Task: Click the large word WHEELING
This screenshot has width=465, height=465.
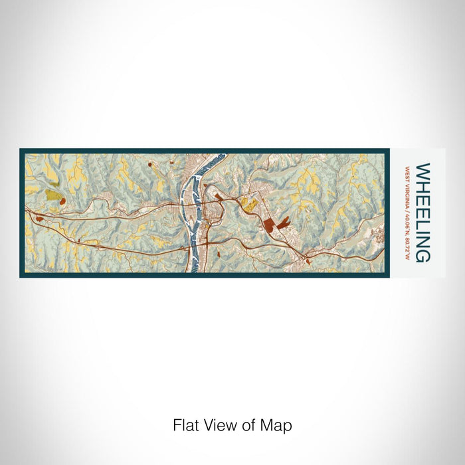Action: [x=422, y=213]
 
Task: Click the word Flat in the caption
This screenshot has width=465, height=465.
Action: [x=185, y=424]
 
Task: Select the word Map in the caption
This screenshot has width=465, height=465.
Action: [x=278, y=424]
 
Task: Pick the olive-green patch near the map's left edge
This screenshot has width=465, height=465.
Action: [x=52, y=195]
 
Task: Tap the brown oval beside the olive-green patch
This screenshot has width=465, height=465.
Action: [x=62, y=199]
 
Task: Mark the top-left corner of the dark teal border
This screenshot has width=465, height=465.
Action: [x=21, y=150]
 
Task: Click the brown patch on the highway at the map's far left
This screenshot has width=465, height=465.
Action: [x=39, y=218]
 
